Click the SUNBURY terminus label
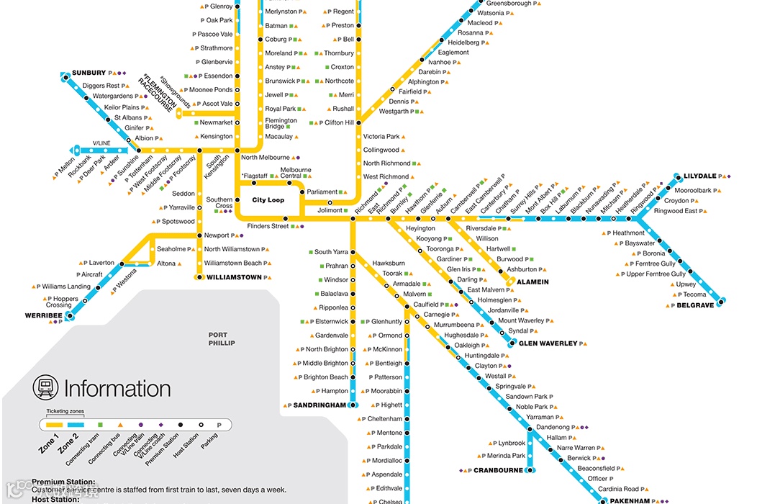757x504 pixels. tap(89, 73)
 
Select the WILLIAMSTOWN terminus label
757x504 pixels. tap(233, 276)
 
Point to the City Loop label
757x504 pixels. tap(268, 200)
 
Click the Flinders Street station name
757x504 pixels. tap(268, 226)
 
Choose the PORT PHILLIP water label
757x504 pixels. tap(222, 339)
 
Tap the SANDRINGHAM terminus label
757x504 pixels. tap(320, 405)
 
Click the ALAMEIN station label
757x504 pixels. tap(532, 282)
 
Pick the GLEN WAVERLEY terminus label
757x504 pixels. tap(548, 343)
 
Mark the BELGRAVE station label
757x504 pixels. tap(694, 305)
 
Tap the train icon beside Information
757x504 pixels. tap(45, 388)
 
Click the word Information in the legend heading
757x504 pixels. tap(117, 389)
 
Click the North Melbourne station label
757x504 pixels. tap(266, 157)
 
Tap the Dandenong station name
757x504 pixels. tap(553, 427)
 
